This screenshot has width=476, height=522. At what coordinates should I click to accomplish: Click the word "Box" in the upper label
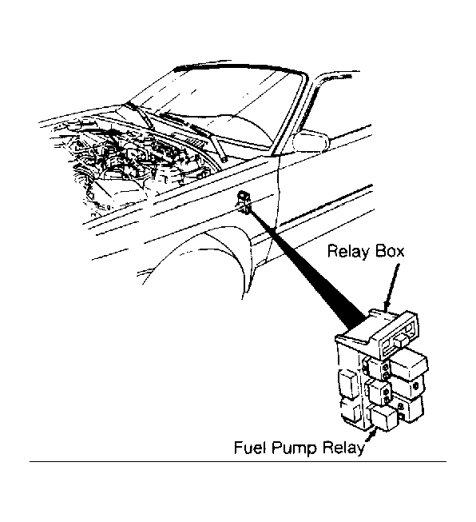pyautogui.click(x=390, y=250)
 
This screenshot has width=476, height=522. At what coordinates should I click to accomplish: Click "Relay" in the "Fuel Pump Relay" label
pyautogui.click(x=343, y=448)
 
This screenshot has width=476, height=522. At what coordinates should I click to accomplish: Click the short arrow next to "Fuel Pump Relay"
pyautogui.click(x=371, y=436)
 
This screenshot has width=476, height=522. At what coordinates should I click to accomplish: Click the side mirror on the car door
pyautogui.click(x=311, y=141)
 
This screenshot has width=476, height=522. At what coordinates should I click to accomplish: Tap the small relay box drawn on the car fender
pyautogui.click(x=244, y=201)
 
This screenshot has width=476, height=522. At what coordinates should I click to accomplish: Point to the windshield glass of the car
pyautogui.click(x=220, y=100)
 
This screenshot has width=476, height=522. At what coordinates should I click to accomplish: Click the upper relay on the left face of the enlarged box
pyautogui.click(x=348, y=382)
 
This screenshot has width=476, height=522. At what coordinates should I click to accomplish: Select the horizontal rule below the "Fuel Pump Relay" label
pyautogui.click(x=238, y=461)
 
